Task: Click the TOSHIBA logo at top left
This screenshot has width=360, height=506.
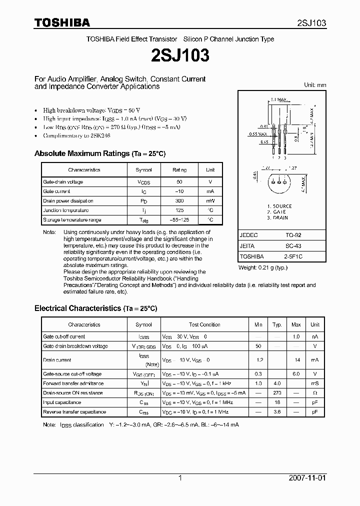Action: (62, 22)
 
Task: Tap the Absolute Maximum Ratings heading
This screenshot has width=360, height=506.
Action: (99, 153)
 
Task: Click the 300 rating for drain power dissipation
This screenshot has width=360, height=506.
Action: (179, 201)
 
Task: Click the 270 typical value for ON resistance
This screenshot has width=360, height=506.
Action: (277, 393)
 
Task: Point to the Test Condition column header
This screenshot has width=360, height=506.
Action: (204, 324)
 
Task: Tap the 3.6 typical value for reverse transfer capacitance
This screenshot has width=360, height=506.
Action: (277, 412)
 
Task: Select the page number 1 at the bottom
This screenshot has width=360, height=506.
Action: (180, 478)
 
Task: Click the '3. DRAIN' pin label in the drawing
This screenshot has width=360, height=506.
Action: (277, 218)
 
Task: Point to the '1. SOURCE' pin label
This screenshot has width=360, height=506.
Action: (279, 206)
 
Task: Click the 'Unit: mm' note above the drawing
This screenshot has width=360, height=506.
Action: (315, 85)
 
